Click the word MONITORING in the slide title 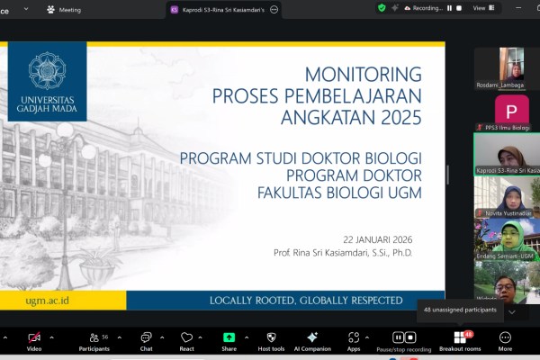(364, 73)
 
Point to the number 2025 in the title (394, 114)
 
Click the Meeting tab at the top (69, 9)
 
